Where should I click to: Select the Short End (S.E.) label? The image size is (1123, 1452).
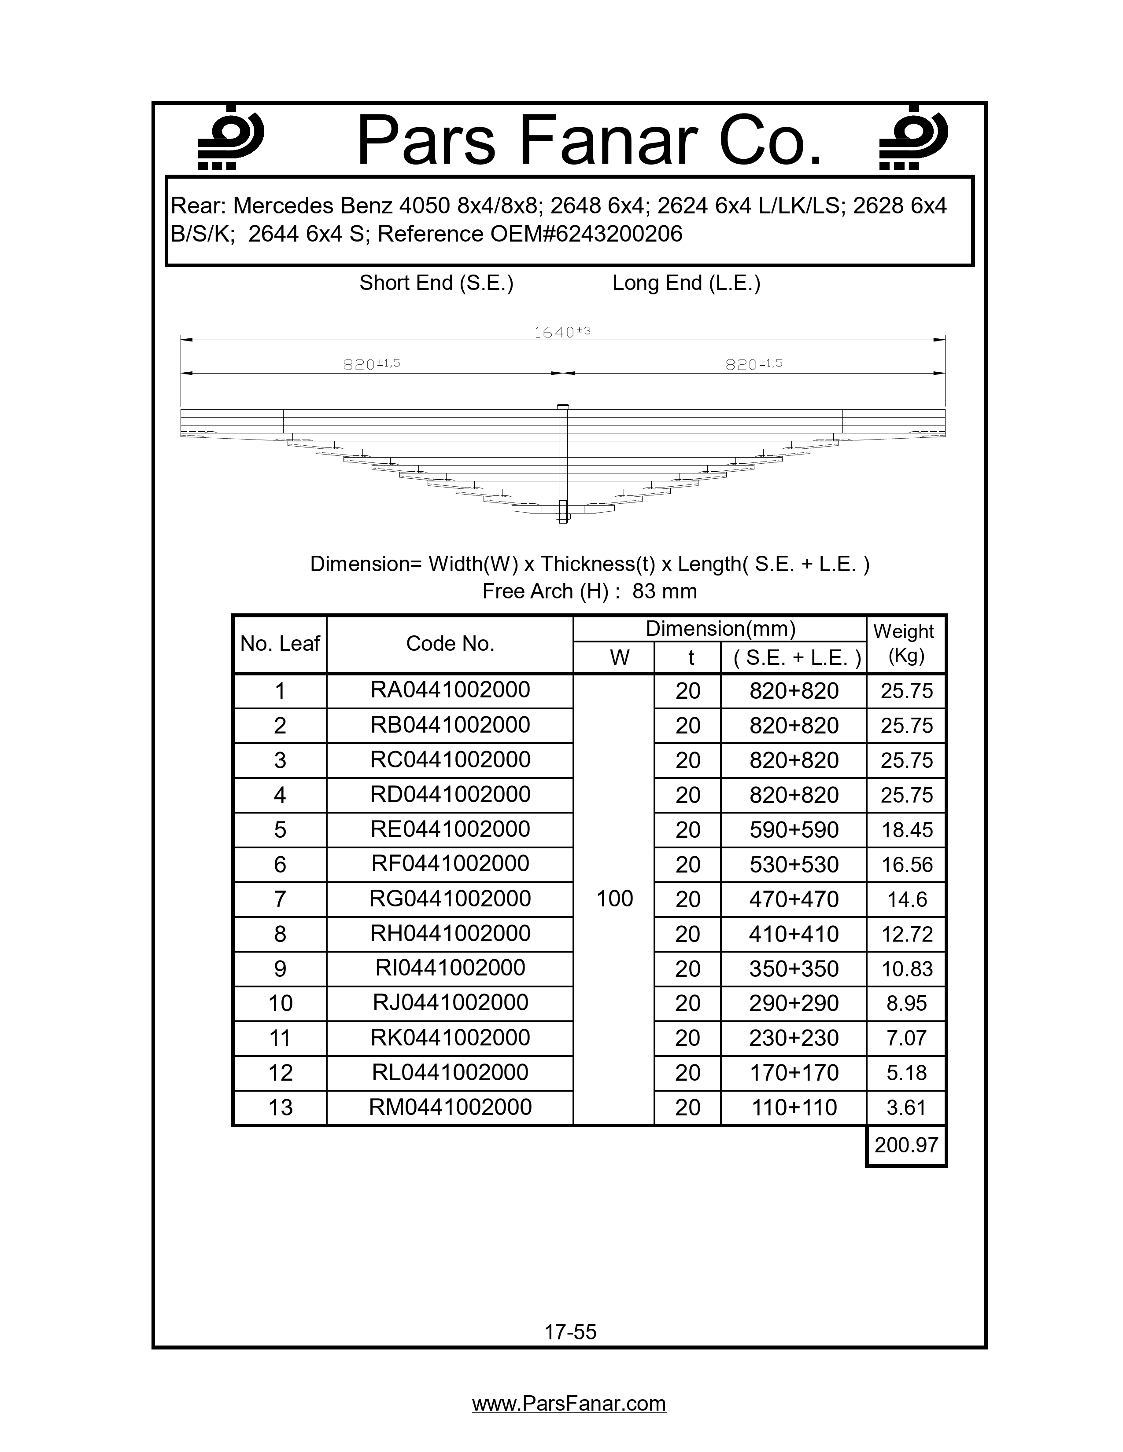[436, 283]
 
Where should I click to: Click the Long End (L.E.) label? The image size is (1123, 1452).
[686, 283]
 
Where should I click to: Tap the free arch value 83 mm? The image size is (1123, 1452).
[664, 591]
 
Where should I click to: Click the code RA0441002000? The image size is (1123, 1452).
[451, 690]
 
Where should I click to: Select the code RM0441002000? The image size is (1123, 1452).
[451, 1107]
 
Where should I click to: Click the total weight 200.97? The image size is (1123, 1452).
[906, 1145]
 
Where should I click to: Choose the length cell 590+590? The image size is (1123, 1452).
[794, 830]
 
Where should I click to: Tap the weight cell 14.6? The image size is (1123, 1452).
[907, 899]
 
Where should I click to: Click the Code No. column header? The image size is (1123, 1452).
[451, 644]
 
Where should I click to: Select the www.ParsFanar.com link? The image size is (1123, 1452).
[569, 1404]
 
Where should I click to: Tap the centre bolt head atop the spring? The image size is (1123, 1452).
[562, 407]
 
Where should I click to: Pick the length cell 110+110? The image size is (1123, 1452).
[794, 1107]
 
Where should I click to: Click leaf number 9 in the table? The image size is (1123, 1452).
[280, 969]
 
